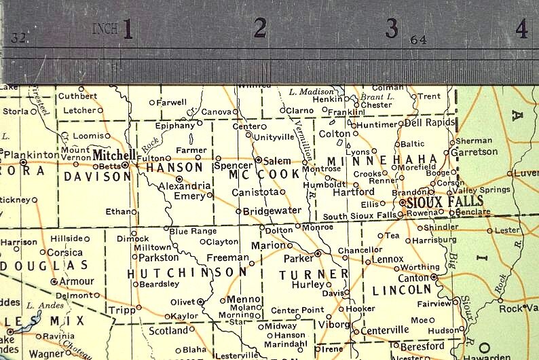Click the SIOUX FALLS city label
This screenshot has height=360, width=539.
[x=445, y=201]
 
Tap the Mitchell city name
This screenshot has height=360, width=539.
[x=114, y=154]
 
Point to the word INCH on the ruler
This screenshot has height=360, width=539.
[x=105, y=29]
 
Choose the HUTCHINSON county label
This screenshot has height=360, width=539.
[x=187, y=272]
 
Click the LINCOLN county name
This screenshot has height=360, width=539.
[x=402, y=290]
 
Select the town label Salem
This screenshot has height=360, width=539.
[x=277, y=160]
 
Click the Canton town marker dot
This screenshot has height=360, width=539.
[x=434, y=277]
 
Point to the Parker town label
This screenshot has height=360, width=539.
[x=298, y=258]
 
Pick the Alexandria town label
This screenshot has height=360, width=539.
[x=185, y=185]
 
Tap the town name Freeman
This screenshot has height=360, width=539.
[x=227, y=257]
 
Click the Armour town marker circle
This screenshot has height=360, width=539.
[x=54, y=281]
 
